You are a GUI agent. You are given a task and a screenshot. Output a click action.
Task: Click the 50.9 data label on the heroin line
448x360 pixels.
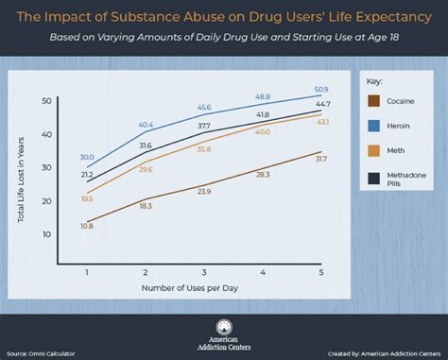point(320,88)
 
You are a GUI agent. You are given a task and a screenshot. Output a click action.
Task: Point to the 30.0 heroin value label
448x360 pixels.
point(86,157)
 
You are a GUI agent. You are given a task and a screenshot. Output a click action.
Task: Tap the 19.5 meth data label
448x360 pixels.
point(86,199)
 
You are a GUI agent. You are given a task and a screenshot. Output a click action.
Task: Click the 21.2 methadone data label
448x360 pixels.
point(86,175)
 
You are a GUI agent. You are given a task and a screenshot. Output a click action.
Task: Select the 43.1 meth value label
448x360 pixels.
point(321,122)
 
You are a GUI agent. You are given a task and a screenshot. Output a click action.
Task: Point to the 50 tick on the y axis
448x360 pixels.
point(47,101)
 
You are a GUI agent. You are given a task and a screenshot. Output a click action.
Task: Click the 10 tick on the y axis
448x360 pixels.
point(47,232)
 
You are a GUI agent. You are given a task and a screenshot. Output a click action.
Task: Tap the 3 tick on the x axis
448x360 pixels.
point(203,272)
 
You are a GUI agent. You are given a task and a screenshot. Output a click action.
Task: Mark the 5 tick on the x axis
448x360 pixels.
point(320,272)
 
